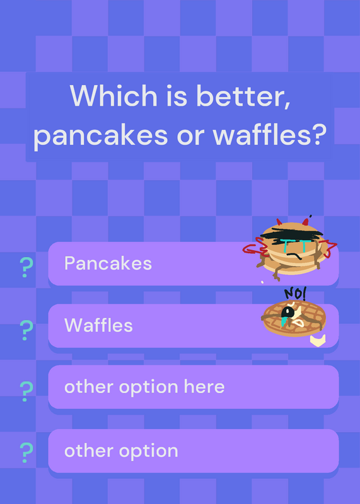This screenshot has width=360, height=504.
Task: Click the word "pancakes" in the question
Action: pos(100,136)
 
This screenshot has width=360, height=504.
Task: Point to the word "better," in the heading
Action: pos(243,96)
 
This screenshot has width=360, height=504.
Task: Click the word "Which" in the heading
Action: pos(113,95)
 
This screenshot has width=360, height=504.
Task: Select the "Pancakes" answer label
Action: pos(108,263)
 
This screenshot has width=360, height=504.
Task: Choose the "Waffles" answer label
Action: pos(98,325)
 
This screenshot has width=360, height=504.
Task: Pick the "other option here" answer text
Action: pos(144,387)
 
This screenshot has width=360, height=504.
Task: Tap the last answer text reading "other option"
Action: pos(121,450)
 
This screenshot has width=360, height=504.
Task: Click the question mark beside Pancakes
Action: pos(26,267)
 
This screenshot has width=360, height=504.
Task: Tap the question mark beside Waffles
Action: pos(26,330)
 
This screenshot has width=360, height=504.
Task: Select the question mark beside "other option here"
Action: pos(26,391)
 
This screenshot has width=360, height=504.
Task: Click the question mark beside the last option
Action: pos(26,452)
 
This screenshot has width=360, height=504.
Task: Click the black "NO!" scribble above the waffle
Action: pos(295,294)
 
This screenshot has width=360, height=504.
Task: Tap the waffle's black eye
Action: pos(286,312)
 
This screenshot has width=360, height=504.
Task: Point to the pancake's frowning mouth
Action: pos(294,256)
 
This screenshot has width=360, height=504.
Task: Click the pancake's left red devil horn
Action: pos(279,222)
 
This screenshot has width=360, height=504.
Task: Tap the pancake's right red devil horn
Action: pos(305,222)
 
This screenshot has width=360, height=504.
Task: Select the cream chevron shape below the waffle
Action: pos(318,341)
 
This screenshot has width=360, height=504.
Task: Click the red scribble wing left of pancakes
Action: pos(254,248)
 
